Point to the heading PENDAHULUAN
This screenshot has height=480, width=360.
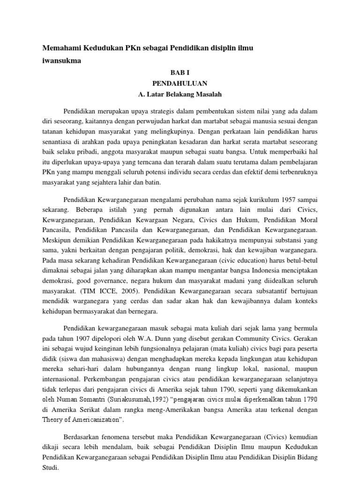(180, 83)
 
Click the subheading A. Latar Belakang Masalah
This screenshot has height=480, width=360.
(180, 95)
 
